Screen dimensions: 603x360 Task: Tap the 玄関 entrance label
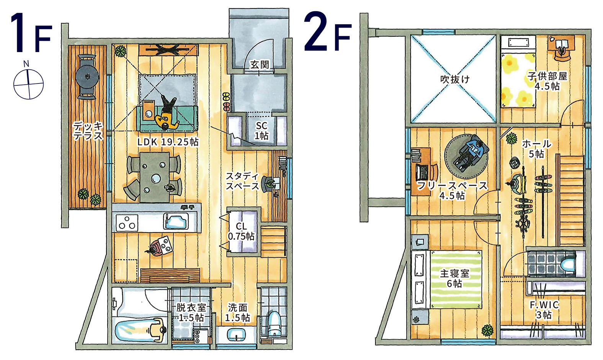(x=259, y=65)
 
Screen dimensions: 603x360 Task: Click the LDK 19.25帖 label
(x=168, y=142)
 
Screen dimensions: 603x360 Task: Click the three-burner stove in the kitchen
(x=127, y=223)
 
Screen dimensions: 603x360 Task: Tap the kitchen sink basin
(x=176, y=222)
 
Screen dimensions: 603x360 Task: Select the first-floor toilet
(x=274, y=323)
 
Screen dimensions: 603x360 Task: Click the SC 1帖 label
(x=261, y=131)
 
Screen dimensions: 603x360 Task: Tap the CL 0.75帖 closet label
(x=241, y=231)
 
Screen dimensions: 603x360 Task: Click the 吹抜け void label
(x=455, y=79)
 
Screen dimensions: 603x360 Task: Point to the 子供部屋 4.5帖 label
(x=547, y=81)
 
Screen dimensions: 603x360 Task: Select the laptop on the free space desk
(x=421, y=172)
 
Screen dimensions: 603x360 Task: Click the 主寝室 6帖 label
(x=454, y=278)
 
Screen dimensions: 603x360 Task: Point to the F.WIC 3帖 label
(x=544, y=310)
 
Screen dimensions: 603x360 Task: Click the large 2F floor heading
(x=328, y=31)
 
